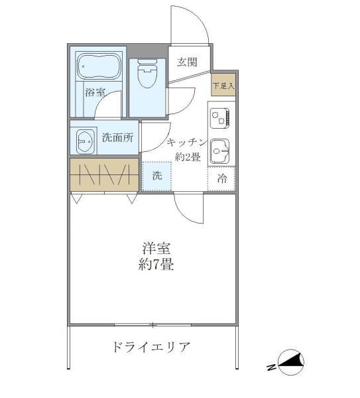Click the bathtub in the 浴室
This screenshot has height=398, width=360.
pyautogui.click(x=98, y=68)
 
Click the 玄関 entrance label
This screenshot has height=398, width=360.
pyautogui.click(x=187, y=62)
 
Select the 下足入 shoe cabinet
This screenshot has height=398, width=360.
pyautogui.click(x=223, y=86)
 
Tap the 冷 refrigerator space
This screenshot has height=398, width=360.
pyautogui.click(x=222, y=178)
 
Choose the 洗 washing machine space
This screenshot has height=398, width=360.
pyautogui.click(x=157, y=176)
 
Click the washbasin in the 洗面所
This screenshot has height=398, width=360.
pyautogui.click(x=84, y=140)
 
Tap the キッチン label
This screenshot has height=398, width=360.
pyautogui.click(x=186, y=143)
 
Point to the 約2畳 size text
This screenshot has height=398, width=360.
pyautogui.click(x=188, y=157)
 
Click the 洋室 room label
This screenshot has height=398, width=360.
pyautogui.click(x=156, y=249)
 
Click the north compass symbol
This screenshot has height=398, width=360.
pyautogui.click(x=290, y=362)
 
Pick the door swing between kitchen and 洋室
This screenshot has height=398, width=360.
pyautogui.click(x=188, y=211)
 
